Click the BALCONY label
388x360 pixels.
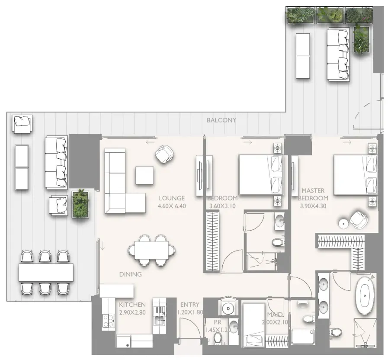click(221, 120)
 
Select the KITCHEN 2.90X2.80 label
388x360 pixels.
click(132, 309)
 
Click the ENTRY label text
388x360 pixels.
click(189, 305)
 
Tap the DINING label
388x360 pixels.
click(130, 274)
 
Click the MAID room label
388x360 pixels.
click(275, 315)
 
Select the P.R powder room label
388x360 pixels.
click(218, 322)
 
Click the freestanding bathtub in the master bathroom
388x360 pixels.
click(365, 296)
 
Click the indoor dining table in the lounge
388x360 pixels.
click(151, 251)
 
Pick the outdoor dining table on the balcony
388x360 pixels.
click(46, 272)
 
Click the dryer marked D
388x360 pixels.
click(228, 309)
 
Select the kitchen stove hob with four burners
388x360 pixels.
click(109, 321)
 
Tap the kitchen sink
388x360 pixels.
click(159, 320)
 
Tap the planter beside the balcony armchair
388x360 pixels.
click(80, 204)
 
